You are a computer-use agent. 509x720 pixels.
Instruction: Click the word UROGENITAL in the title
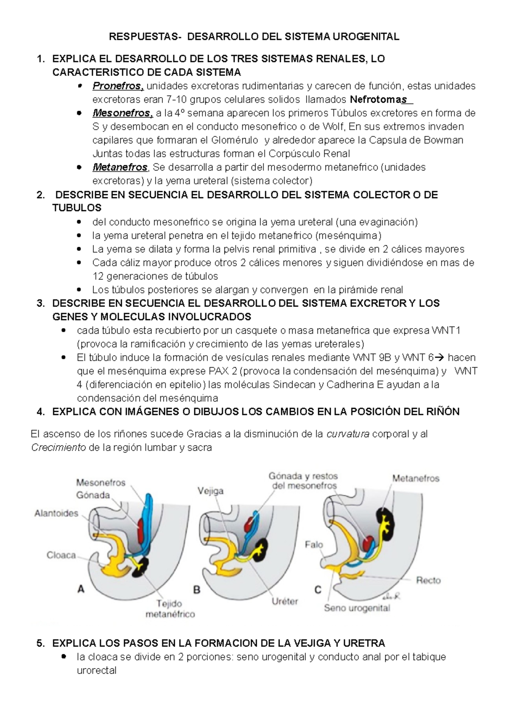(x=366, y=37)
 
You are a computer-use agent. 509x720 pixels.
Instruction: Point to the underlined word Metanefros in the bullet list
(x=120, y=167)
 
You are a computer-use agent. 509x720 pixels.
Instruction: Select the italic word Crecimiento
(x=59, y=448)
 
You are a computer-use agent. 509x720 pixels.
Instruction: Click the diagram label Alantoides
(x=56, y=513)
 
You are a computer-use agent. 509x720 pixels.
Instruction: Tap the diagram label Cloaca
(x=61, y=555)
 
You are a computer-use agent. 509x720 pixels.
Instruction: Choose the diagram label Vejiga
(x=210, y=491)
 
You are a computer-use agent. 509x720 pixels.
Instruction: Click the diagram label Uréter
(x=285, y=601)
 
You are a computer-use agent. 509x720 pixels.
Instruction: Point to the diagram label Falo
(x=313, y=544)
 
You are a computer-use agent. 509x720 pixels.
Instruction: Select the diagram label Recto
(x=428, y=580)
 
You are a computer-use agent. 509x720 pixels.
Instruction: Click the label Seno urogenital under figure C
(x=357, y=608)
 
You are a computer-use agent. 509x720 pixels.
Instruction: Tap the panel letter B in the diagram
(x=197, y=589)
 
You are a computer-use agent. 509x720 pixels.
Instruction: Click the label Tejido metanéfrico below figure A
(x=170, y=608)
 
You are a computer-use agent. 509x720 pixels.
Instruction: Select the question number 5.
(x=40, y=643)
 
